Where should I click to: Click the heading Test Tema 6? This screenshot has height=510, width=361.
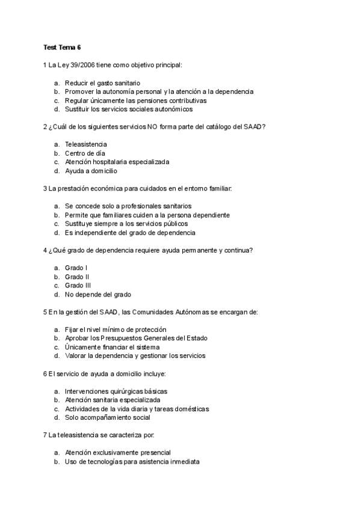(62, 47)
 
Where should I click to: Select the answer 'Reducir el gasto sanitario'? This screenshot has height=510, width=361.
(102, 82)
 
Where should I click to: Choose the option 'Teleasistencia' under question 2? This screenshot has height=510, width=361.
(86, 144)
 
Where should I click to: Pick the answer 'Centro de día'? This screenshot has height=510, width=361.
(85, 153)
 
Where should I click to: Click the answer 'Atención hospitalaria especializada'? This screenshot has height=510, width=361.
(117, 162)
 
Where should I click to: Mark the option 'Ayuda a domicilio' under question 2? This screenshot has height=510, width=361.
(91, 171)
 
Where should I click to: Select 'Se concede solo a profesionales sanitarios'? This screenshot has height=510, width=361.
(128, 206)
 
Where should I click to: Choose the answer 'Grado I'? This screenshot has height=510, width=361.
(76, 268)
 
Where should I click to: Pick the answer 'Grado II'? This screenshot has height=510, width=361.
(77, 277)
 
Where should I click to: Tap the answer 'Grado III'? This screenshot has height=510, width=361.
(78, 286)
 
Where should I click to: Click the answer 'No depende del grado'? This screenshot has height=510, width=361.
(97, 295)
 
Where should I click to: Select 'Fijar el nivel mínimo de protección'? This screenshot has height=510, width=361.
(116, 330)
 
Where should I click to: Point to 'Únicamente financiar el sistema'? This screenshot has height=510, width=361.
(112, 347)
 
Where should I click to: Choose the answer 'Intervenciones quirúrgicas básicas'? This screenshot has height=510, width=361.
(116, 392)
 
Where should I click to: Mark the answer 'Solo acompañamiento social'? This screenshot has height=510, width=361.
(107, 418)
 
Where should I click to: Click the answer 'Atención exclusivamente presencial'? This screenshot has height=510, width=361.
(117, 453)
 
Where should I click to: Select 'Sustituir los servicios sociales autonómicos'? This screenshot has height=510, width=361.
(129, 109)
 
